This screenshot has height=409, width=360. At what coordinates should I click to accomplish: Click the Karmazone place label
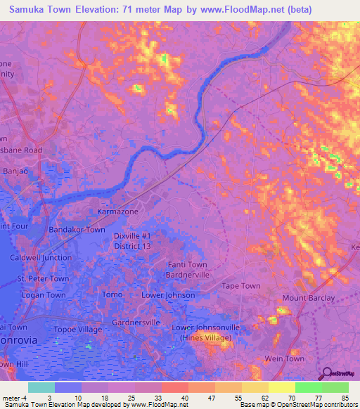[117, 211]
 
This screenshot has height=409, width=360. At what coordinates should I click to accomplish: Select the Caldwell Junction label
[40, 258]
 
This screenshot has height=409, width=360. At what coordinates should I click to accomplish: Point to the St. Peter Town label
[43, 279]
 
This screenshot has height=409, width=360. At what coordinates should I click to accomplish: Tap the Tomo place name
[112, 294]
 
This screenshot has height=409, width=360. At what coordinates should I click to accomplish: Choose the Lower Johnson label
[168, 295]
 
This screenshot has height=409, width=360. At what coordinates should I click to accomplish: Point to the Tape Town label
[241, 286]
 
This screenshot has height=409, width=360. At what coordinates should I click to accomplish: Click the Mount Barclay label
[309, 298]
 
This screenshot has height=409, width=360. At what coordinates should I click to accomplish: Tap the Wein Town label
[284, 358]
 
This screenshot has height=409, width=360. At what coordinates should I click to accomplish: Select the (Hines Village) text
[207, 337]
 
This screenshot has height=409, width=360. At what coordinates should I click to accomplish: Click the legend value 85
[344, 398]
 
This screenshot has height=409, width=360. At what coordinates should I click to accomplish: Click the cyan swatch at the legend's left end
[41, 387]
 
